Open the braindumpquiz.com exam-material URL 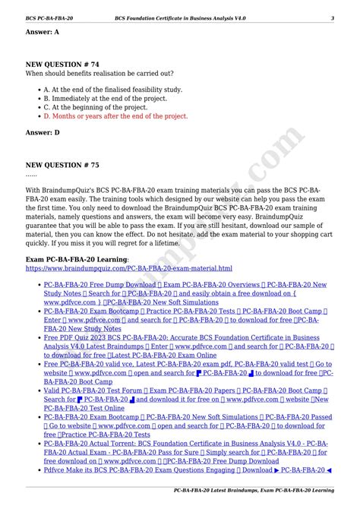click(129, 268)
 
